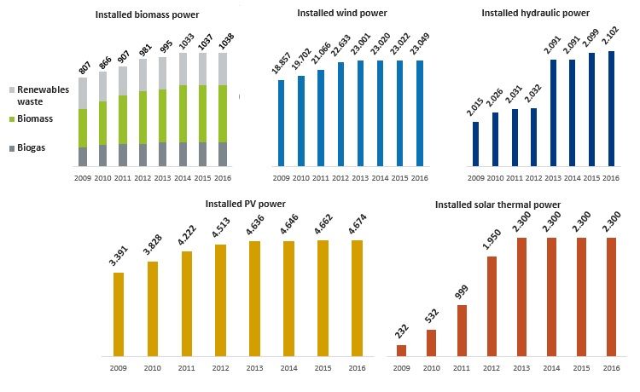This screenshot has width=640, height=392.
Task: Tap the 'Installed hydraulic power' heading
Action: coord(534,14)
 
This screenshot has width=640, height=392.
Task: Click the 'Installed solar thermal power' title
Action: coord(497,205)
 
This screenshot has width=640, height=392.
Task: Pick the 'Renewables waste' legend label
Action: coord(35,95)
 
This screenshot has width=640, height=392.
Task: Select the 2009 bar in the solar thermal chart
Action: coord(401,349)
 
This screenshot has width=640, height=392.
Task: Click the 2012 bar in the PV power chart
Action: coord(221,300)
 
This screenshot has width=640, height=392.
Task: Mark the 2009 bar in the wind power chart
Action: coord(281,123)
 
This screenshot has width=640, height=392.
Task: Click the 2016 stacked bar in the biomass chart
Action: coord(223,109)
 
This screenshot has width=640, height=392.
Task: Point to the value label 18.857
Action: coord(282,64)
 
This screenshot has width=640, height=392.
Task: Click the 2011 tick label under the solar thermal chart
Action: coord(462,368)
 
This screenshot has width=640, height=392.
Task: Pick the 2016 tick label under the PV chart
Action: coord(358,368)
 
